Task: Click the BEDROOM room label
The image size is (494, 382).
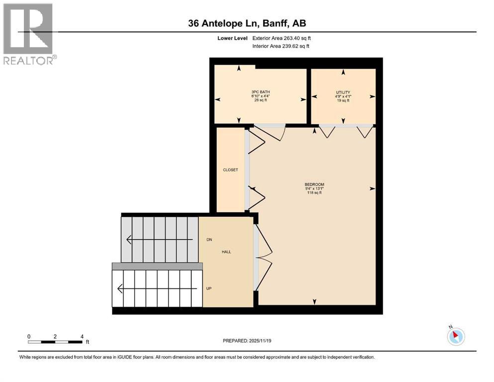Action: [314, 185]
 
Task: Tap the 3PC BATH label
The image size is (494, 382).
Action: [261, 92]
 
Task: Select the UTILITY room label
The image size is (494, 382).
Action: [343, 93]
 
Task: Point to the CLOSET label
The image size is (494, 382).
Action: [230, 170]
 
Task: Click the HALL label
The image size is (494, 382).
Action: [226, 252]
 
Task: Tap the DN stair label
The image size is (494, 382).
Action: [209, 240]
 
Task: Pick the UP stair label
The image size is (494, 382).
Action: [208, 288]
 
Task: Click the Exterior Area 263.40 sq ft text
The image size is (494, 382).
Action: [282, 38]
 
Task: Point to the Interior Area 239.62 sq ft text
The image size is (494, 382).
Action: [281, 46]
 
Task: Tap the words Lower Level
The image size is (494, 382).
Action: [232, 38]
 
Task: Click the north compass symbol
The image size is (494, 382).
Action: [456, 336]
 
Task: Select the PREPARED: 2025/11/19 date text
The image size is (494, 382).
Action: [247, 341]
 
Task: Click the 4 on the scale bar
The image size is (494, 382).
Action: [82, 336]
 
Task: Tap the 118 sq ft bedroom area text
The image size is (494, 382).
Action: [314, 192]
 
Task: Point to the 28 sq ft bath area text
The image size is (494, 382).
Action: [261, 100]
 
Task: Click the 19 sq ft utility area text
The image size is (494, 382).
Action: [343, 100]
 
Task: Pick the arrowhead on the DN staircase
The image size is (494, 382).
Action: [128, 240]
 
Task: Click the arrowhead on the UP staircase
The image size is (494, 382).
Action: [120, 288]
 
